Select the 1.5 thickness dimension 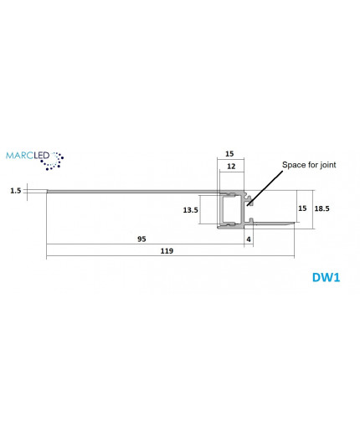coord(16,190)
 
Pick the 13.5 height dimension coord(190,210)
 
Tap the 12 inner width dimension coord(230,167)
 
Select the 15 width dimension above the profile coord(230,153)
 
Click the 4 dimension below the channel coord(249,239)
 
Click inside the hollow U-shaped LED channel coord(230,210)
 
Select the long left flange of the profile coord(126,192)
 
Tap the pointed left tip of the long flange coord(48,192)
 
